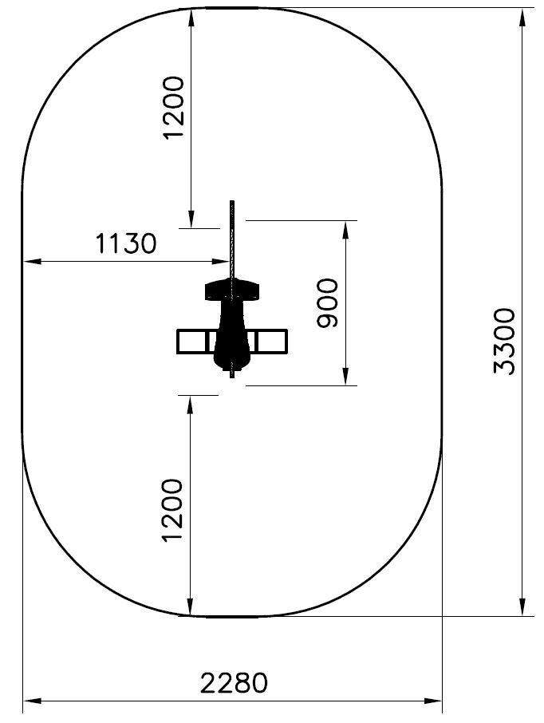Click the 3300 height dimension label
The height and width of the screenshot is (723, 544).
click(x=504, y=342)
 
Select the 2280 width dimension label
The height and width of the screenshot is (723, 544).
click(x=234, y=683)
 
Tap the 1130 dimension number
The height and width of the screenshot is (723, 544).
click(x=125, y=243)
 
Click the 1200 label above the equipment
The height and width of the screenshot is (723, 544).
click(x=174, y=108)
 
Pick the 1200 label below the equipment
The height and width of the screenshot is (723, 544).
click(x=174, y=511)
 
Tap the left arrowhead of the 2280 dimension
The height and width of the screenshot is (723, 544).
click(x=32, y=701)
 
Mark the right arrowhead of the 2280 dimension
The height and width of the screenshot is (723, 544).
click(x=432, y=701)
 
